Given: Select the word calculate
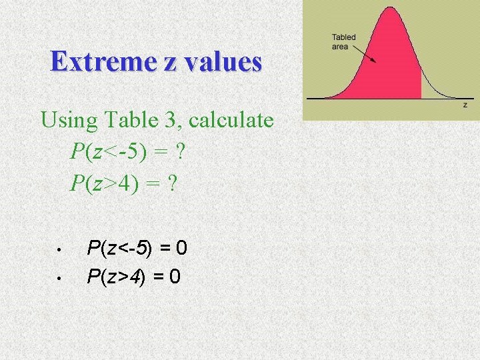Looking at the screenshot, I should pyautogui.click(x=232, y=121).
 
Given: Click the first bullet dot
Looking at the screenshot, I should pyautogui.click(x=59, y=251).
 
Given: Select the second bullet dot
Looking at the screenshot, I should pyautogui.click(x=59, y=277).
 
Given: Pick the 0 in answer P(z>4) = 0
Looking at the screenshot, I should pyautogui.click(x=174, y=275).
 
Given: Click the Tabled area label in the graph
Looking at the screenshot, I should pyautogui.click(x=344, y=41).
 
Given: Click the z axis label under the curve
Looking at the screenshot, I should pyautogui.click(x=465, y=105).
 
